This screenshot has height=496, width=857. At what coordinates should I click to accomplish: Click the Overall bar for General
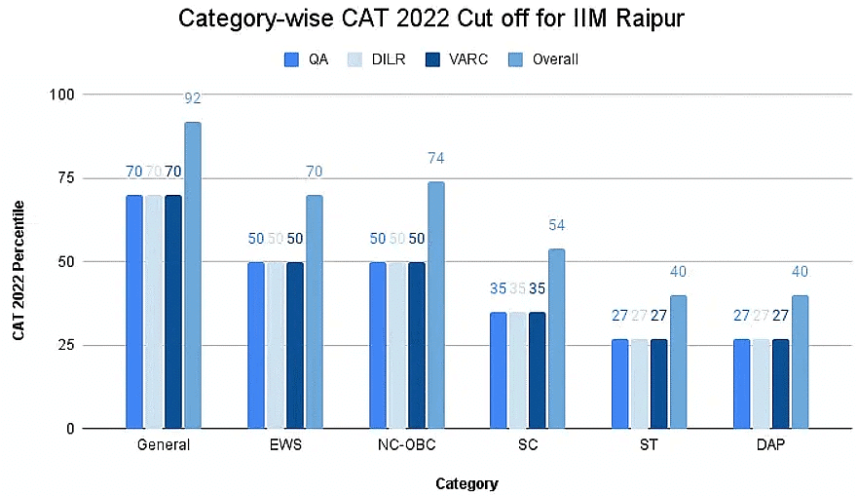(x=193, y=275)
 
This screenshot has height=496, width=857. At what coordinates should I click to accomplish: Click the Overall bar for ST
(x=678, y=362)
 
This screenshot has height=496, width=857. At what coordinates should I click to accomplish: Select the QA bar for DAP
(x=741, y=384)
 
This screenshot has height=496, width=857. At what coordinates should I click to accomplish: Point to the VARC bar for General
(x=173, y=312)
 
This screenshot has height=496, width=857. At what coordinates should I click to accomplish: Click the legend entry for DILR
(x=380, y=59)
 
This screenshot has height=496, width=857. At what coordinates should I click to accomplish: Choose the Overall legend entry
(x=544, y=59)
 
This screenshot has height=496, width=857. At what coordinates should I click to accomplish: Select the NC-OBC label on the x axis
(x=407, y=444)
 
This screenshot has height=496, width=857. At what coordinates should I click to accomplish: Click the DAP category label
(x=771, y=444)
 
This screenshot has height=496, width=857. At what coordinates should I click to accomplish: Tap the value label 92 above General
(x=193, y=97)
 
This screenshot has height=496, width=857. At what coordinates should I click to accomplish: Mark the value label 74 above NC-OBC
(x=435, y=158)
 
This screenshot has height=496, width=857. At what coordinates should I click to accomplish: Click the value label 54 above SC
(x=556, y=225)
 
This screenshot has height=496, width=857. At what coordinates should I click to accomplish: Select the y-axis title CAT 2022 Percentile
(x=19, y=270)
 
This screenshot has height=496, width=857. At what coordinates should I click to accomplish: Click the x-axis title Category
(x=466, y=483)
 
